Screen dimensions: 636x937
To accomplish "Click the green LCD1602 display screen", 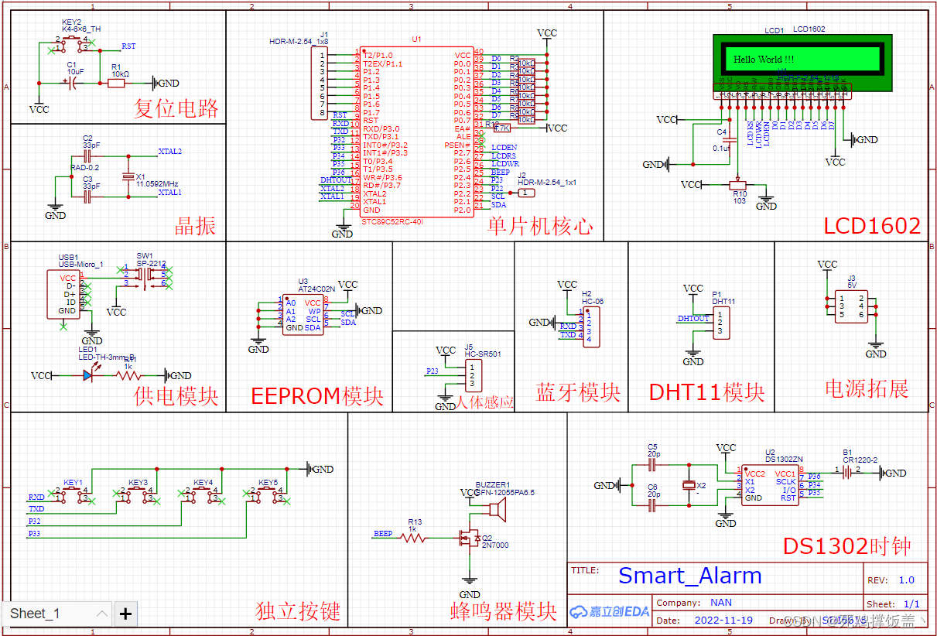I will pyautogui.click(x=802, y=59).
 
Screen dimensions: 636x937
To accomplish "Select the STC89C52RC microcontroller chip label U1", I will pyautogui.click(x=417, y=39).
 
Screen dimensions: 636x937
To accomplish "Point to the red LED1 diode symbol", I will pyautogui.click(x=89, y=375).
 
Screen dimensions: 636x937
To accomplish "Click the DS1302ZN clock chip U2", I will pyautogui.click(x=770, y=485).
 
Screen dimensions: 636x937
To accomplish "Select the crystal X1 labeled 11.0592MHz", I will pyautogui.click(x=129, y=177).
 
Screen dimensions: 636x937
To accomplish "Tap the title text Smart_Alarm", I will pyautogui.click(x=689, y=576).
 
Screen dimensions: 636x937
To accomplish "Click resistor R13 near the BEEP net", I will pyautogui.click(x=415, y=536).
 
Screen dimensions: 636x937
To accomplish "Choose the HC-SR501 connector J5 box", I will pyautogui.click(x=474, y=377).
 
